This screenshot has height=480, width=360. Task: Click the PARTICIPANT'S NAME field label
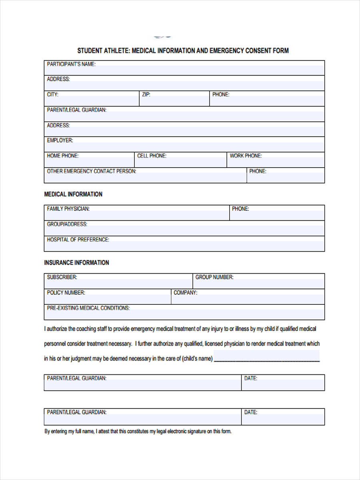tap(71, 64)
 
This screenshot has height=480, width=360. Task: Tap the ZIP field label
tap(146, 95)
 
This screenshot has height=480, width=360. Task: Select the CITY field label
tap(52, 95)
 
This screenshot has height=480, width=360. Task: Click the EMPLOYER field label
tap(60, 140)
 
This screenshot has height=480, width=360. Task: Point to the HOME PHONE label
tap(62, 156)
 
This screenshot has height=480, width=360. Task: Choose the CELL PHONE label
tap(152, 156)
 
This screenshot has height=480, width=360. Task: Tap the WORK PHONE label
tap(246, 156)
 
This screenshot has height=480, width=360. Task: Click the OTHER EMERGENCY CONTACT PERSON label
tap(92, 171)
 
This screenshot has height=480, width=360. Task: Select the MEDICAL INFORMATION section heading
tap(73, 194)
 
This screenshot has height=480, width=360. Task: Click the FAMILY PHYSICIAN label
tap(68, 209)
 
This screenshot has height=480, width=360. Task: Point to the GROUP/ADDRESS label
tap(67, 224)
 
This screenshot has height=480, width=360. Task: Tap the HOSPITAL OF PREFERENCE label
tap(78, 240)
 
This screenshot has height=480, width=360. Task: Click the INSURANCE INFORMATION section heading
tap(76, 263)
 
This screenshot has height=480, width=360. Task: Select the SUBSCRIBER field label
tap(62, 277)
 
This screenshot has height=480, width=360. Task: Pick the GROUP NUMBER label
tap(214, 277)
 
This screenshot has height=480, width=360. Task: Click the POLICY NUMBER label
tap(66, 292)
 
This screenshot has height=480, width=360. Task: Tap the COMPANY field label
tap(185, 292)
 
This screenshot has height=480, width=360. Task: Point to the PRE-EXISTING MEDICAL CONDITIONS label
tap(88, 308)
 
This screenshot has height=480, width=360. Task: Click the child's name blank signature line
tap(267, 359)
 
